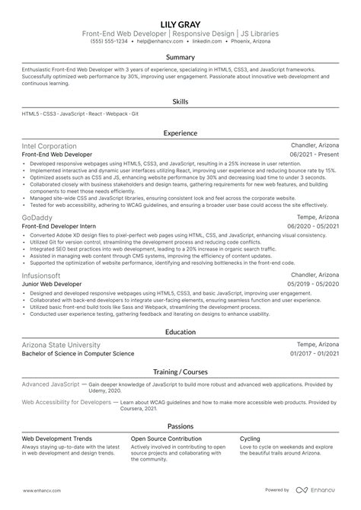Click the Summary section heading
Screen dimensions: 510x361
tap(180, 58)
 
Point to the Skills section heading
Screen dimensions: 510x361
tap(180, 100)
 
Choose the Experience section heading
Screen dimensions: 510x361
tap(180, 132)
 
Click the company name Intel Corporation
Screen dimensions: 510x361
tap(49, 145)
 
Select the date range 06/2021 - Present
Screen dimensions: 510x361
tap(315, 154)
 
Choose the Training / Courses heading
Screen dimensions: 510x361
tap(180, 372)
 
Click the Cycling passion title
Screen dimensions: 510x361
tap(251, 439)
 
